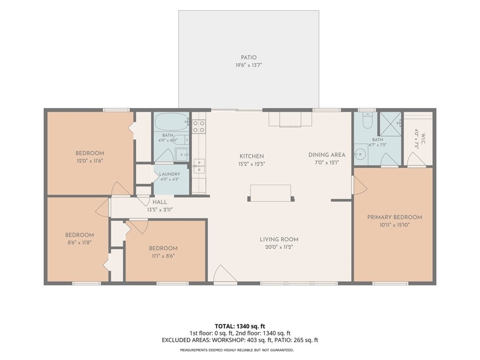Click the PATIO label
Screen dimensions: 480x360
(248, 58)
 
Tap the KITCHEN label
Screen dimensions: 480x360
(252, 156)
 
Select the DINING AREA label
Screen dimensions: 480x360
(327, 155)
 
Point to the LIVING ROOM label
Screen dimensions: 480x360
(279, 240)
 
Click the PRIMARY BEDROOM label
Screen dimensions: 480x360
(395, 217)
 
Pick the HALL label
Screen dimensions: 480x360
(160, 202)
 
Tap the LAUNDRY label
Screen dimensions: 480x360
(170, 174)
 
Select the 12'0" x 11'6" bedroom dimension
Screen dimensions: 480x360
(90, 161)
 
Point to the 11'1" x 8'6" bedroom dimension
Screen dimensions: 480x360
(163, 256)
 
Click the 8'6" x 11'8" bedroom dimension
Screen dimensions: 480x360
(79, 242)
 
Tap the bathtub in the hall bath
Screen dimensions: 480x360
(172, 122)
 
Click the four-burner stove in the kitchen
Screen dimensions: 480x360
(199, 127)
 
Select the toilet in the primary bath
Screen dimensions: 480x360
(367, 120)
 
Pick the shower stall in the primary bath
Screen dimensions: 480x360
(390, 124)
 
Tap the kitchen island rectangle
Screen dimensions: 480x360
(270, 193)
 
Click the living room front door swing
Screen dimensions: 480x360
(225, 274)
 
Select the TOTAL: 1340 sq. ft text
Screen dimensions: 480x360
(240, 326)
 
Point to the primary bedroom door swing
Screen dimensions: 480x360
(360, 185)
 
